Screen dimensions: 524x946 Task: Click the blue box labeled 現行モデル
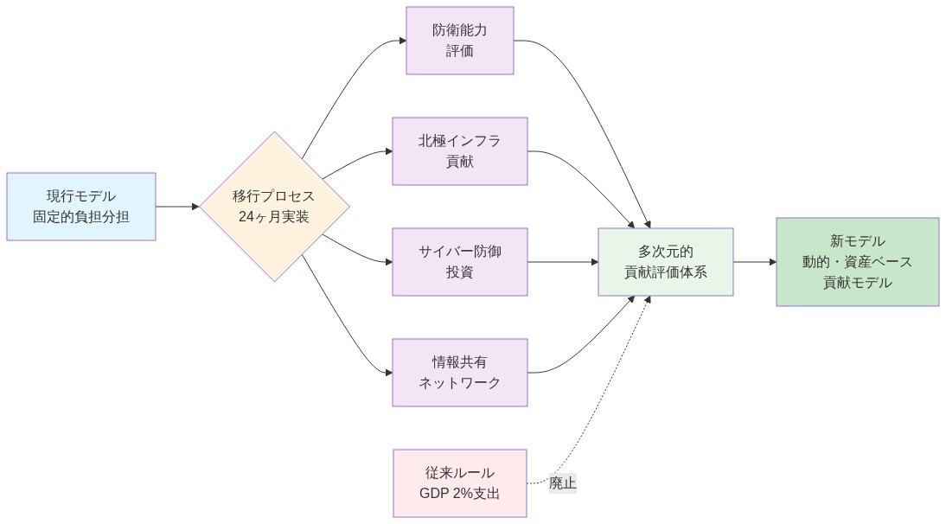(x=81, y=207)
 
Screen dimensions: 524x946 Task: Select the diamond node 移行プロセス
(x=275, y=207)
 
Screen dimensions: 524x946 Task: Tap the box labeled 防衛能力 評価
(x=459, y=41)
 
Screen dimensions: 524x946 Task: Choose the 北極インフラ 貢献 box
(x=459, y=151)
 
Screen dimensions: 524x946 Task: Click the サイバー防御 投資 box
(x=459, y=262)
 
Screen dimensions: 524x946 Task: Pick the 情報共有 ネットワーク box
(x=459, y=373)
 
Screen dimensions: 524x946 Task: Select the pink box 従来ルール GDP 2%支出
(x=459, y=483)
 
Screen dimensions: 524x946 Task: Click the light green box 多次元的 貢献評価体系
(x=665, y=262)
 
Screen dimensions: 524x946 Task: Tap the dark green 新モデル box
(x=857, y=262)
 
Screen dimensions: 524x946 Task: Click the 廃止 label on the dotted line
(x=562, y=483)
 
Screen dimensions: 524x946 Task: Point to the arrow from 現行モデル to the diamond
(x=177, y=207)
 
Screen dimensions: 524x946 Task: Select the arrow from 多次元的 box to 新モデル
(x=754, y=262)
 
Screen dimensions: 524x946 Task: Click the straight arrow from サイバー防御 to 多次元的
(x=562, y=262)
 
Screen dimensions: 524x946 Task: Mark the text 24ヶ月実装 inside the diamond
(x=274, y=217)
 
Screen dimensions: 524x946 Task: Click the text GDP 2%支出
(x=459, y=494)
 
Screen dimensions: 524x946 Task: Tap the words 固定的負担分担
(x=81, y=217)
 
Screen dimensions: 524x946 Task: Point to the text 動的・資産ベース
(x=857, y=262)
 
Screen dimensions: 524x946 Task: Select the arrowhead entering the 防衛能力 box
(x=401, y=41)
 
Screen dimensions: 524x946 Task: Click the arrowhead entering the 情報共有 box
(x=387, y=373)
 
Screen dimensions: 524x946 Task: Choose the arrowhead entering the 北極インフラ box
(x=387, y=151)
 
